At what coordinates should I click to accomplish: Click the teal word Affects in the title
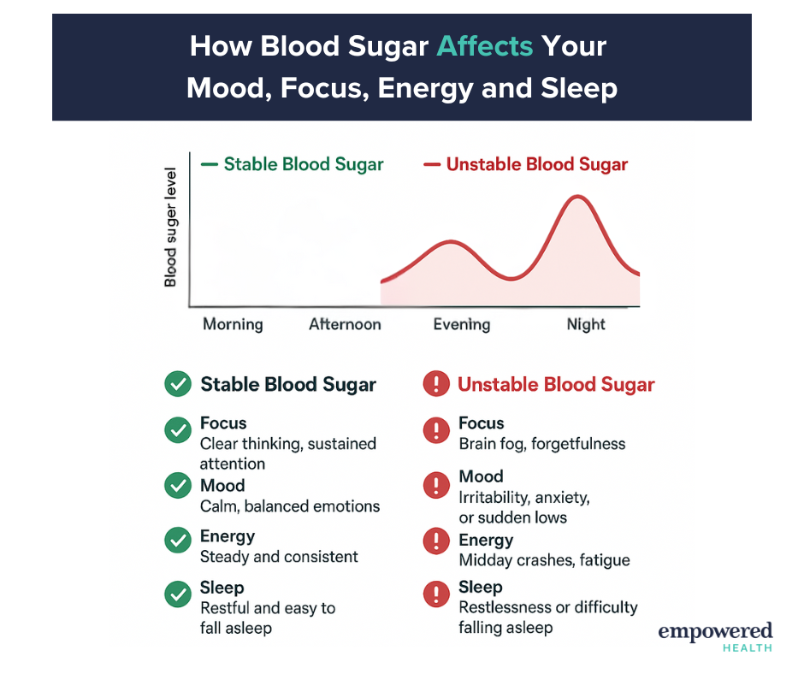click(x=485, y=46)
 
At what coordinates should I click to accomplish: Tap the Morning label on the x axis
click(x=233, y=325)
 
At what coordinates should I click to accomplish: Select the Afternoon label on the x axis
click(x=345, y=324)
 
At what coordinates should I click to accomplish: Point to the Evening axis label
click(x=462, y=325)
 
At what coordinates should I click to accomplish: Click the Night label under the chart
click(x=586, y=325)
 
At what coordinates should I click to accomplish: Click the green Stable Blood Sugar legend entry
click(x=293, y=164)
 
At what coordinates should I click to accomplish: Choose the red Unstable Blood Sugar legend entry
click(x=525, y=164)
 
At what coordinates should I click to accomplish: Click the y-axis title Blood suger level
click(x=170, y=227)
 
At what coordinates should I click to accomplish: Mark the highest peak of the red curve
click(x=578, y=197)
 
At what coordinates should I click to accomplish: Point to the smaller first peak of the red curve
click(x=451, y=241)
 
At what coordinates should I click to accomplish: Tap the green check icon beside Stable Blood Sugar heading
click(x=178, y=384)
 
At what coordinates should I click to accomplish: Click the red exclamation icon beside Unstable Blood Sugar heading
click(x=436, y=384)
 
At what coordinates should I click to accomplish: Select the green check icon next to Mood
click(x=178, y=485)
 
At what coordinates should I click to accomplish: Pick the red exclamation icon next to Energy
click(x=436, y=541)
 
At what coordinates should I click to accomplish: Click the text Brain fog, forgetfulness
click(x=542, y=444)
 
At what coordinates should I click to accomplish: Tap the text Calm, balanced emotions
click(x=290, y=506)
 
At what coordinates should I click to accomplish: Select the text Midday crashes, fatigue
click(x=544, y=560)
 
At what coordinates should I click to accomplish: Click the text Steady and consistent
click(x=279, y=557)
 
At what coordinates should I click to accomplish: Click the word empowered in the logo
click(x=715, y=631)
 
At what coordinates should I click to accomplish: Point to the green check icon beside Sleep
click(x=178, y=594)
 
